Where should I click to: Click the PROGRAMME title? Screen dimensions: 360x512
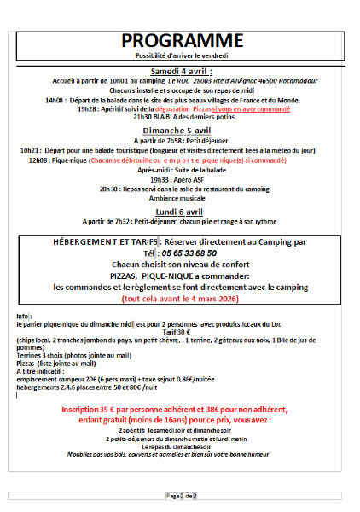182,41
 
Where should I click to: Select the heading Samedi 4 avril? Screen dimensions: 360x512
181,70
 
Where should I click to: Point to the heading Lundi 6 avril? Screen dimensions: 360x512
178,211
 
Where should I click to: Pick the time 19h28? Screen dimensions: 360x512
111,109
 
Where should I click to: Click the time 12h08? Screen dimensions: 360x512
38,160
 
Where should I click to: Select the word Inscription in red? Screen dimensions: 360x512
80,410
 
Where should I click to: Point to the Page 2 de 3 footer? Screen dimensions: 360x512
181,495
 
